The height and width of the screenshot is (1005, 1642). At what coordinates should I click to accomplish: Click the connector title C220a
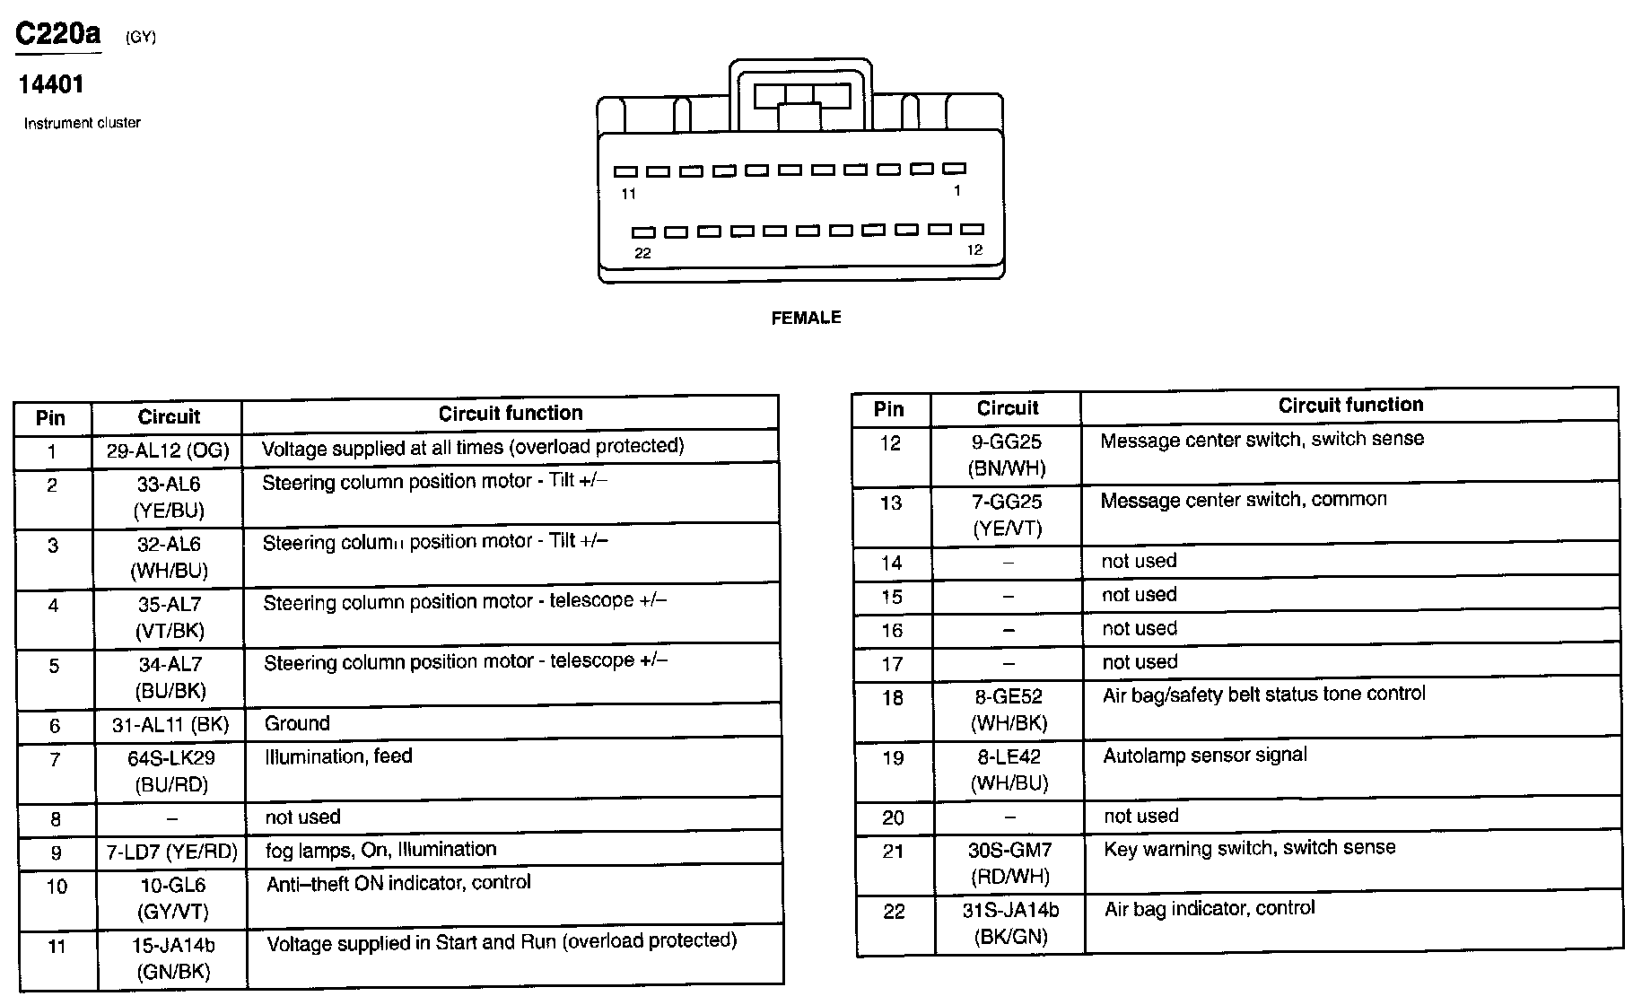pyautogui.click(x=58, y=34)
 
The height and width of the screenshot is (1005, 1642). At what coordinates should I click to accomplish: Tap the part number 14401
pyautogui.click(x=51, y=84)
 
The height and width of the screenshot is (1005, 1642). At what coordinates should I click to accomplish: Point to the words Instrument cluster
pyautogui.click(x=82, y=123)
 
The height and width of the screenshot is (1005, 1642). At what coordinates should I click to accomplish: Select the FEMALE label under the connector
pyautogui.click(x=806, y=318)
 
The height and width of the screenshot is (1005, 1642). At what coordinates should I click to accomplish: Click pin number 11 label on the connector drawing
pyautogui.click(x=628, y=194)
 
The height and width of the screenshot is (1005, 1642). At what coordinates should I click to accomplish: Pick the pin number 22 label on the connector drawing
pyautogui.click(x=642, y=253)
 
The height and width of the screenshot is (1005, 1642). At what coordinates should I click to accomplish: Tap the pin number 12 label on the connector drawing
pyautogui.click(x=974, y=250)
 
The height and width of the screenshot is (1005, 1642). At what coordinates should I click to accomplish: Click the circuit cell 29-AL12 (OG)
pyautogui.click(x=168, y=450)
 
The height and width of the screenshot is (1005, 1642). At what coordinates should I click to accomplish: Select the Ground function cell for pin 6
pyautogui.click(x=297, y=723)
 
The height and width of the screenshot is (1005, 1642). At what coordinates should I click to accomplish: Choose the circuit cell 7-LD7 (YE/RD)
pyautogui.click(x=170, y=852)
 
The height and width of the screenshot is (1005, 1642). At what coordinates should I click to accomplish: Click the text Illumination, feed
pyautogui.click(x=338, y=756)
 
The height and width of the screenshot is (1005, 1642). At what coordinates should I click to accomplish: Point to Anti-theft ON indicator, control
pyautogui.click(x=398, y=883)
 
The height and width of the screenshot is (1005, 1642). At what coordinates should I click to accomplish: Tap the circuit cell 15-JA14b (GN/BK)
pyautogui.click(x=173, y=958)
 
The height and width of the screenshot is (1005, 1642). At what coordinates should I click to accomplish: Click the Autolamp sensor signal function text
pyautogui.click(x=1204, y=756)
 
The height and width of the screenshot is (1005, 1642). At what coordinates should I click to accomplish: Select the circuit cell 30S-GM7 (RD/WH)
pyautogui.click(x=1009, y=862)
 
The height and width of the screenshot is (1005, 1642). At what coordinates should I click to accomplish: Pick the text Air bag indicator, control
pyautogui.click(x=1209, y=909)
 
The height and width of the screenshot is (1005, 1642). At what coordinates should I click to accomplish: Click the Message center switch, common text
pyautogui.click(x=1243, y=500)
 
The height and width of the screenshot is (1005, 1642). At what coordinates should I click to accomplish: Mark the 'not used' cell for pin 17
pyautogui.click(x=1139, y=662)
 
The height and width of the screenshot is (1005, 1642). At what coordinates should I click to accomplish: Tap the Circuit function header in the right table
pyautogui.click(x=1349, y=406)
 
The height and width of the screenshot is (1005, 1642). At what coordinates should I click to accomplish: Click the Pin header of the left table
pyautogui.click(x=51, y=418)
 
